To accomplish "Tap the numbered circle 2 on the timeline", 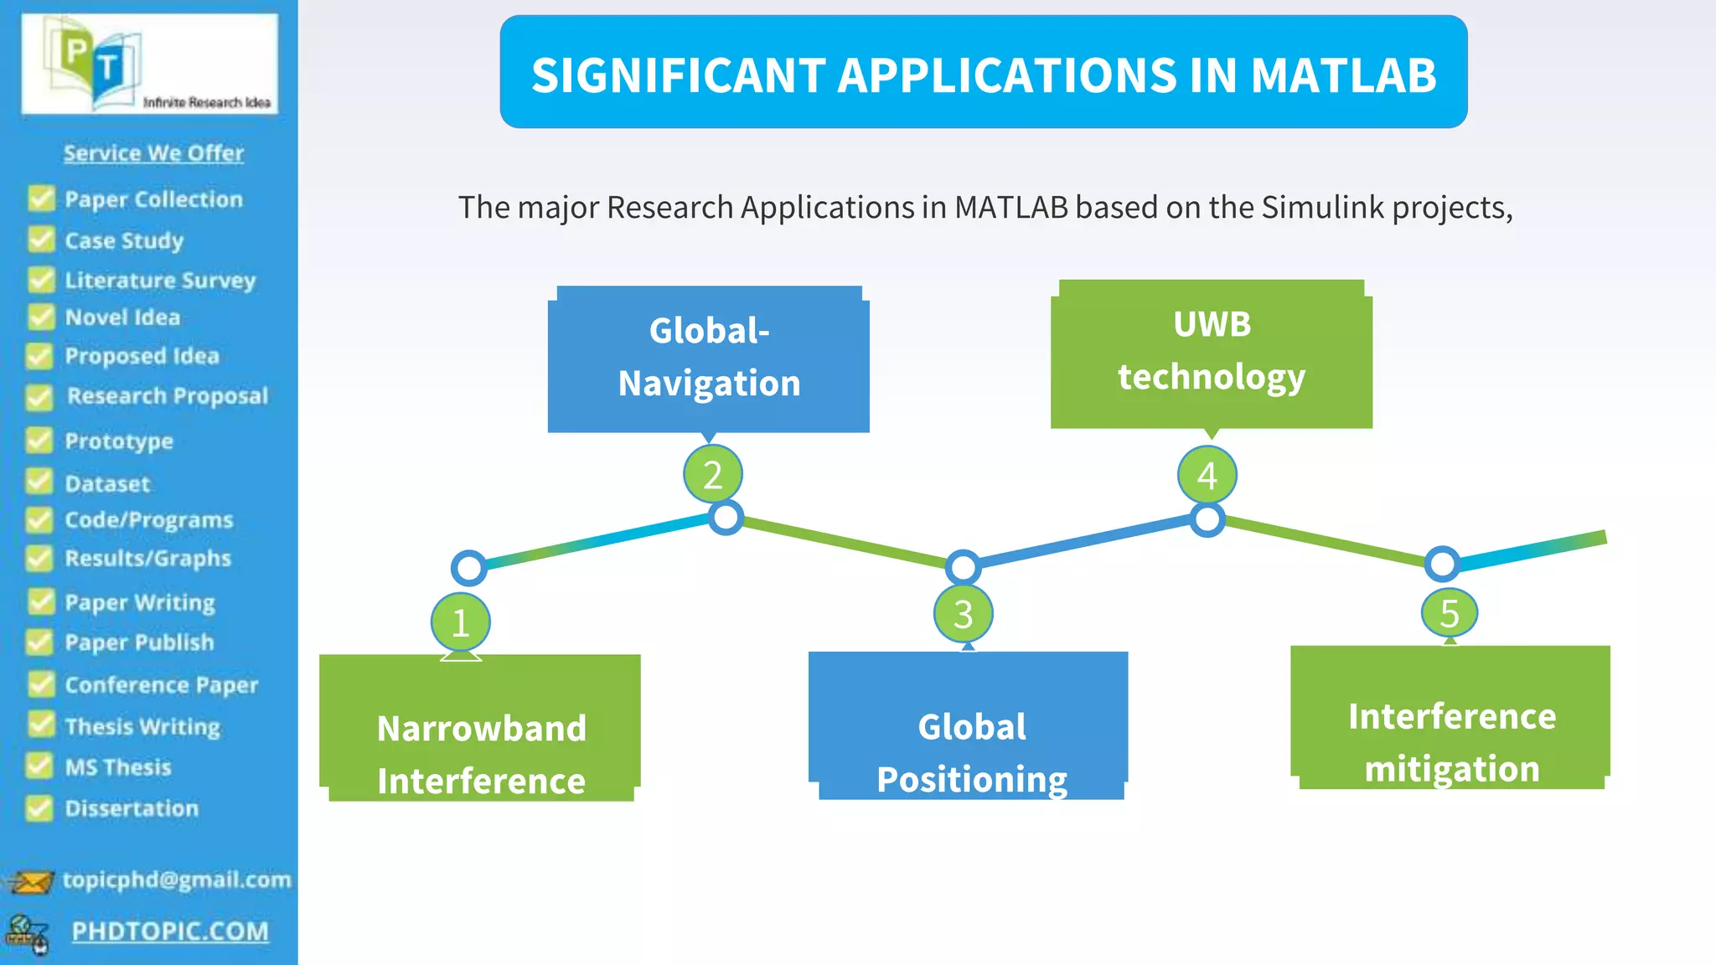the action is point(712,475).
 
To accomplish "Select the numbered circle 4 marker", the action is point(1207,475).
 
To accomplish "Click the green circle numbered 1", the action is point(460,622).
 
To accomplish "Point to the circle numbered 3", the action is point(963,614).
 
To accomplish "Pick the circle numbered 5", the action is point(1450,613).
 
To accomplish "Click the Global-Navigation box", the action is point(709,359).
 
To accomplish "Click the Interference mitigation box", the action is point(1450,718).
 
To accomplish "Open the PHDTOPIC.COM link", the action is point(170,931).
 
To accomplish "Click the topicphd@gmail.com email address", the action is point(177,880).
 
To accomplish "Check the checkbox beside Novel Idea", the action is point(39,317).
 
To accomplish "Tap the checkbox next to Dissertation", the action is point(39,808).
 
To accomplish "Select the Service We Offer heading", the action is point(153,153).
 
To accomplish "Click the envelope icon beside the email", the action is point(30,881).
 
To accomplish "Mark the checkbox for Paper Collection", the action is point(40,199).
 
